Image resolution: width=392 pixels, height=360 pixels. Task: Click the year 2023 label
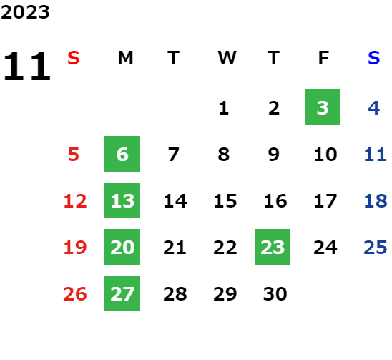(25, 12)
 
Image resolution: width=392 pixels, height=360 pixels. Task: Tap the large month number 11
(27, 66)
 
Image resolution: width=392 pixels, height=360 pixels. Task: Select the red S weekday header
(74, 58)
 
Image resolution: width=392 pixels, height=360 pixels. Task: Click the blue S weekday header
(373, 58)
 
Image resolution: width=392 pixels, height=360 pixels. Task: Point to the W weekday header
(227, 58)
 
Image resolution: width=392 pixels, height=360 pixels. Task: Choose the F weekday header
(324, 58)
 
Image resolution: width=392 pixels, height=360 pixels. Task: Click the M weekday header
(125, 58)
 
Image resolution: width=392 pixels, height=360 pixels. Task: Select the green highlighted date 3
(323, 107)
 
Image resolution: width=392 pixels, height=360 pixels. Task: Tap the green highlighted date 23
(273, 247)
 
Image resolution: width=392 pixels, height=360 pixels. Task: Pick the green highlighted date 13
(122, 200)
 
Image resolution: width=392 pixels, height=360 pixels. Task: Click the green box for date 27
(122, 293)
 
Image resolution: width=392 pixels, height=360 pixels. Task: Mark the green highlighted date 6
(122, 154)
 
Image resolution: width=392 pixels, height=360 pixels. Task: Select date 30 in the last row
(275, 294)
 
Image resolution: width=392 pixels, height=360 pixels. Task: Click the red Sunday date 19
(75, 248)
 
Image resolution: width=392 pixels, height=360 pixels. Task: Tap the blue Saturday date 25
(376, 248)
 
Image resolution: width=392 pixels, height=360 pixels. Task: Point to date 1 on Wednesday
(224, 108)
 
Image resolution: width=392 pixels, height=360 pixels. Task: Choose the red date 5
(74, 155)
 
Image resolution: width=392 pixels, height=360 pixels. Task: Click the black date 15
(225, 201)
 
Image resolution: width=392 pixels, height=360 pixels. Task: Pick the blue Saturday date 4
(374, 108)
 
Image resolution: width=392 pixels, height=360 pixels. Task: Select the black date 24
(325, 248)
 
